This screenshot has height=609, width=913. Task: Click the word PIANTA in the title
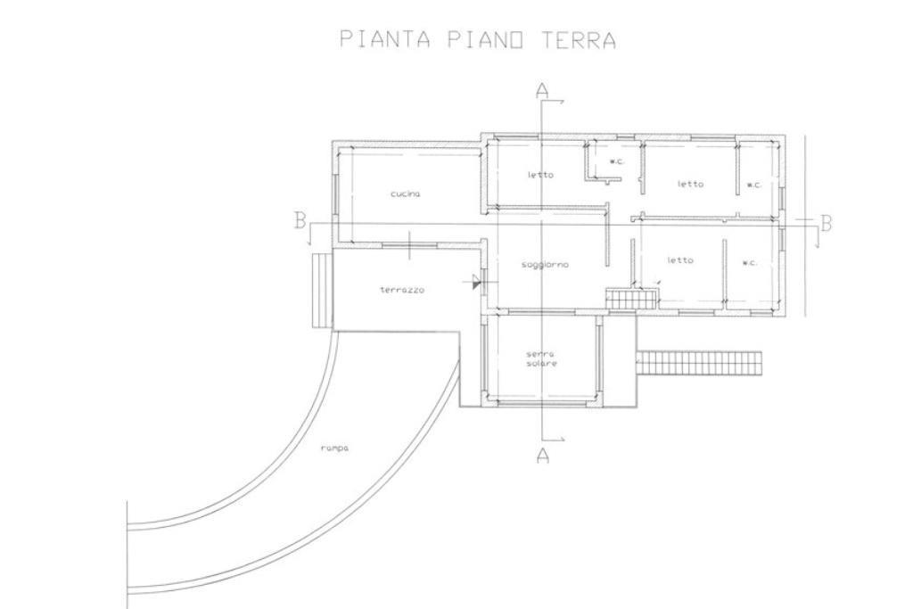pyautogui.click(x=385, y=39)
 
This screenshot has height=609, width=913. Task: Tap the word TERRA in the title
pyautogui.click(x=578, y=39)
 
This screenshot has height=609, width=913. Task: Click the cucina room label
pyautogui.click(x=406, y=193)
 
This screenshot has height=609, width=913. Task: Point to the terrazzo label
pyautogui.click(x=402, y=290)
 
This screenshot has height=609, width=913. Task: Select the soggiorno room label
pyautogui.click(x=545, y=265)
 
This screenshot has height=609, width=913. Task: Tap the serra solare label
pyautogui.click(x=541, y=358)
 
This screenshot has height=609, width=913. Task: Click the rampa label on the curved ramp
pyautogui.click(x=334, y=449)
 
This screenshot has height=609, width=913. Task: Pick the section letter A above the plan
pyautogui.click(x=542, y=90)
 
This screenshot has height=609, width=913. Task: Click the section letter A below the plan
pyautogui.click(x=542, y=456)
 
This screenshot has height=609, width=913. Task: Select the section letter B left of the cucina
pyautogui.click(x=300, y=220)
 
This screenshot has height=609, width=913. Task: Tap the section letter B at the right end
pyautogui.click(x=826, y=223)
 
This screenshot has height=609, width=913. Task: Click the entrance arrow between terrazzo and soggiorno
pyautogui.click(x=474, y=283)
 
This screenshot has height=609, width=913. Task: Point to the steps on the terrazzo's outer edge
pyautogui.click(x=321, y=290)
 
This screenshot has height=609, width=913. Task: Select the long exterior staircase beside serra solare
pyautogui.click(x=699, y=363)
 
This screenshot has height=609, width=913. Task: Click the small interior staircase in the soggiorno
pyautogui.click(x=631, y=299)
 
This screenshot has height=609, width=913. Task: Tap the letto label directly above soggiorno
pyautogui.click(x=541, y=175)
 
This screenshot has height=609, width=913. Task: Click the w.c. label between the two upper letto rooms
pyautogui.click(x=617, y=162)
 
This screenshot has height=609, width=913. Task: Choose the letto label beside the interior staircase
pyautogui.click(x=680, y=260)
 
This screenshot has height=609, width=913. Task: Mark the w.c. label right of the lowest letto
pyautogui.click(x=750, y=263)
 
